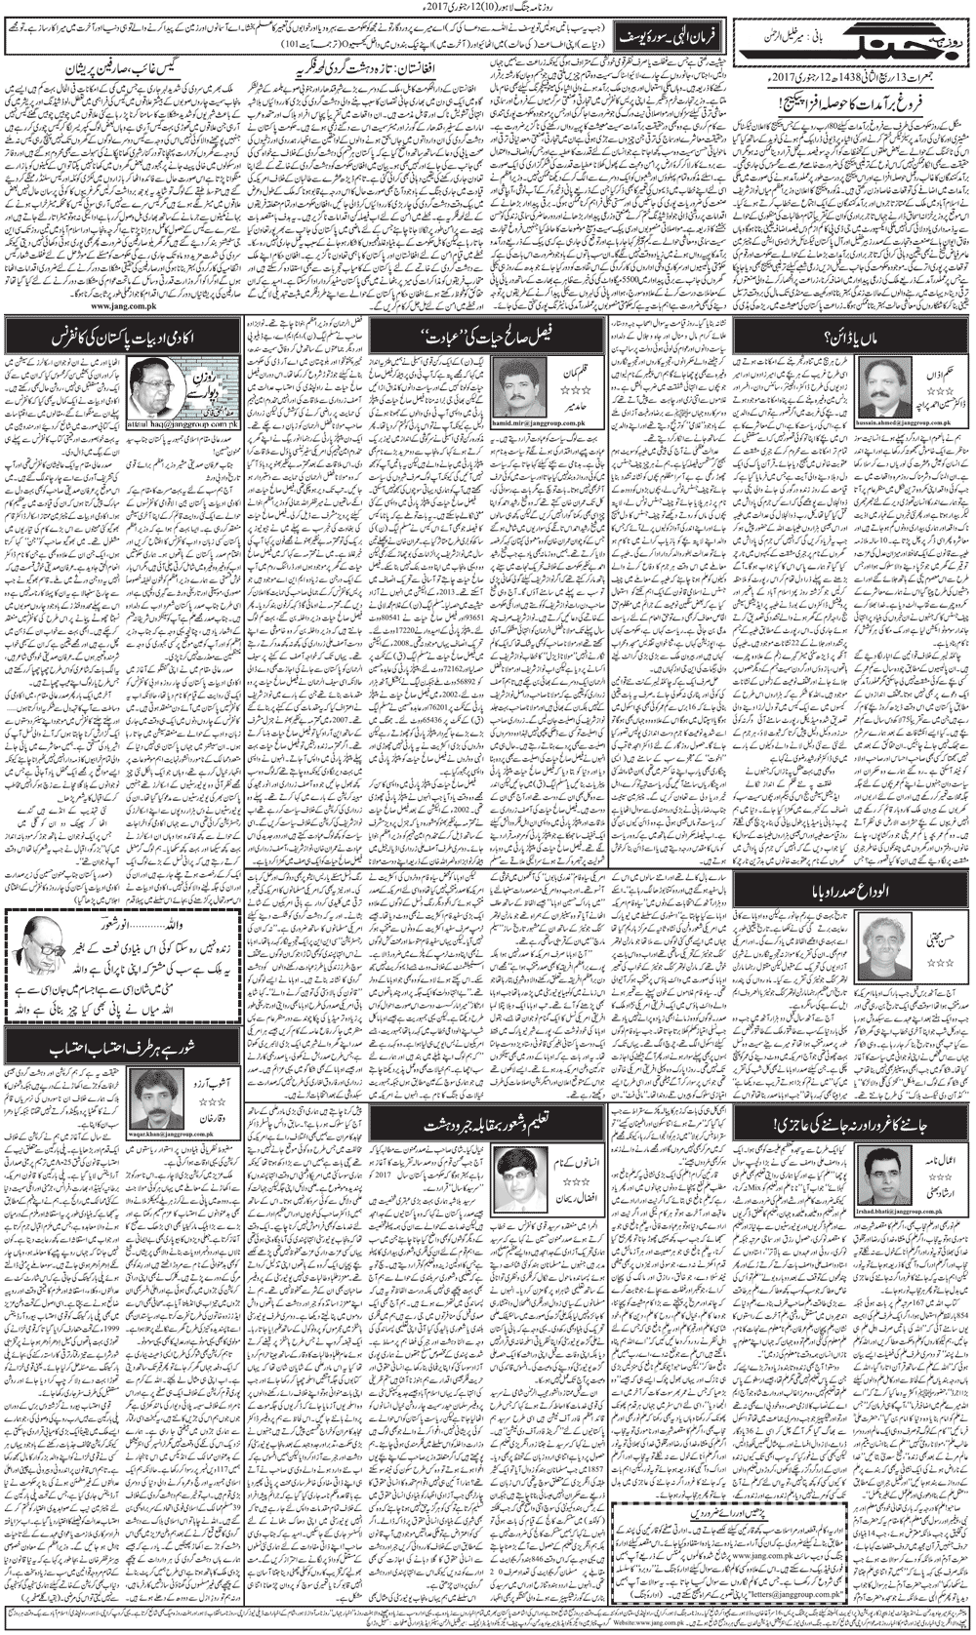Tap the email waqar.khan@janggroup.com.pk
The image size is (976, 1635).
160,1135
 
